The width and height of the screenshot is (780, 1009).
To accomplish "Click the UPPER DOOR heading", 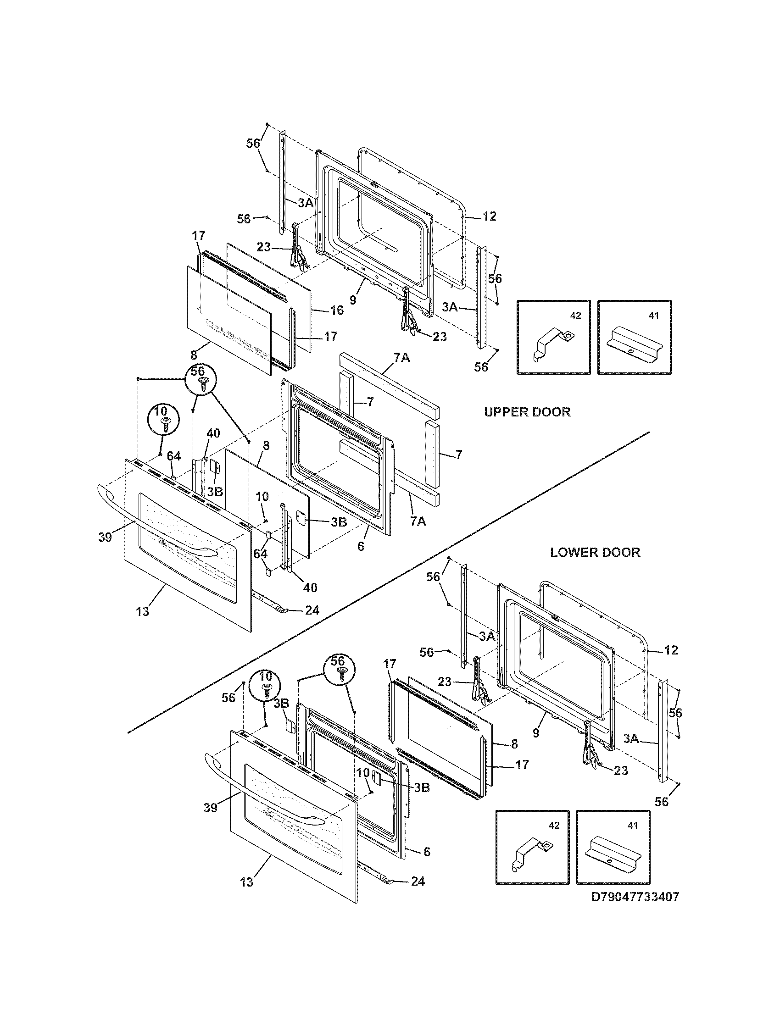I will click(527, 412).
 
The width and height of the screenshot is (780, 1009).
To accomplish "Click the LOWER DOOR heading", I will click(595, 552).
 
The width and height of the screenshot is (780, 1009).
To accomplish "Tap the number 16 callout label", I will click(337, 310).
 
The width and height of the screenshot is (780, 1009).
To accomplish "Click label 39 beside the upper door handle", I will click(106, 538).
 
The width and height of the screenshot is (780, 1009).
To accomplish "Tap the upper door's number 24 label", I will click(312, 610).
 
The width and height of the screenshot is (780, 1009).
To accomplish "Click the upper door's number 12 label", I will click(490, 216).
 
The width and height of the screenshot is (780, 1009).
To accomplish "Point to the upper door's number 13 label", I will click(143, 611).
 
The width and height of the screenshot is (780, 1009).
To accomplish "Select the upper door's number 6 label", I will click(361, 546).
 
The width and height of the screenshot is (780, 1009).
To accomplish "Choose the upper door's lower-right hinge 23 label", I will click(440, 337).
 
